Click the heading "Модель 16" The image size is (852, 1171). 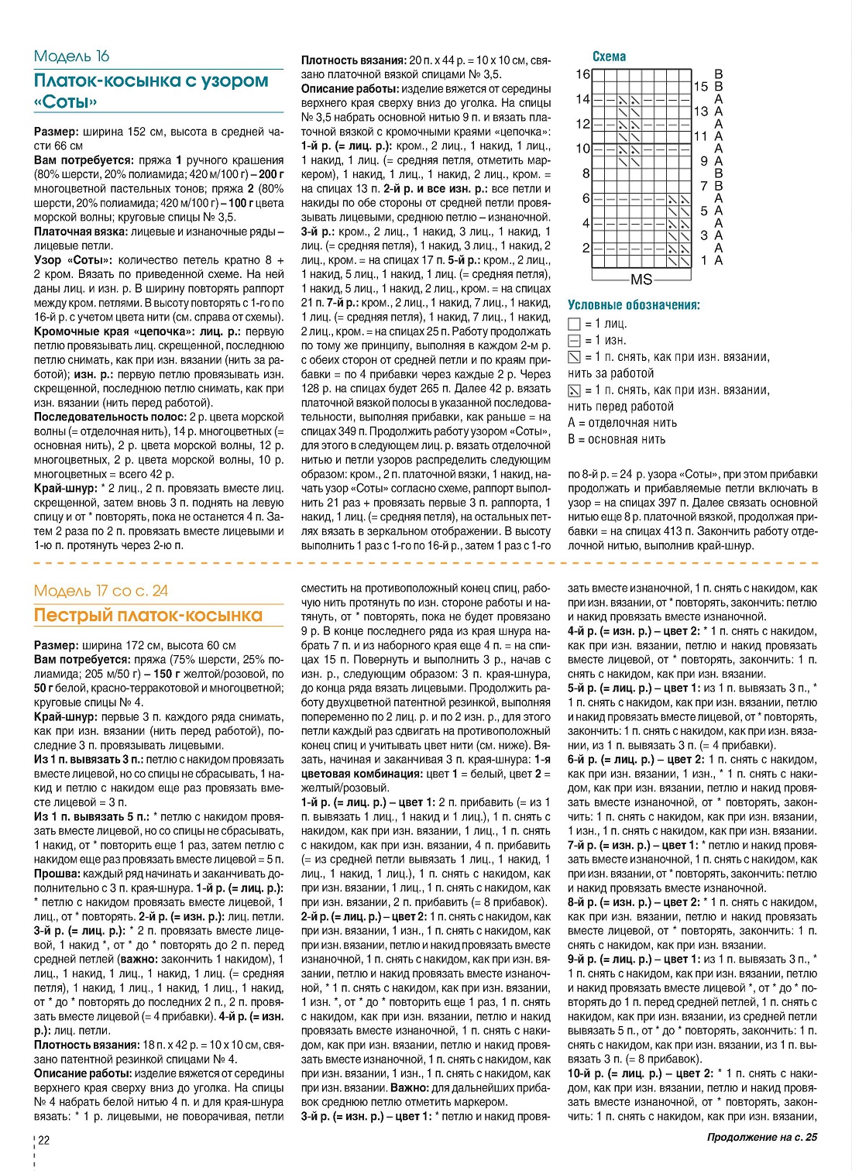[71, 56]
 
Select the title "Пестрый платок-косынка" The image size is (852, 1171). [148, 616]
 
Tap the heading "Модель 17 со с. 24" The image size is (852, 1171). [101, 591]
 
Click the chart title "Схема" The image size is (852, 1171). [609, 57]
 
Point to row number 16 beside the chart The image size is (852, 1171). [582, 74]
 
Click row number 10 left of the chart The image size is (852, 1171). [582, 149]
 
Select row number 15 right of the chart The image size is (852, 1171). [701, 87]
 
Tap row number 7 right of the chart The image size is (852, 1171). [704, 186]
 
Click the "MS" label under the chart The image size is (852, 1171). [641, 280]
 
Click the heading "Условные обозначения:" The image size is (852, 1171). [634, 305]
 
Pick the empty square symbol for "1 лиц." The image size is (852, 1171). [574, 324]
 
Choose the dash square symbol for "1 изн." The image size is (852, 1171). [574, 341]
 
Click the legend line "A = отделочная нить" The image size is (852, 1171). [622, 423]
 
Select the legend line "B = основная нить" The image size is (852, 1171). [616, 439]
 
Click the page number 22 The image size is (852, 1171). [44, 1140]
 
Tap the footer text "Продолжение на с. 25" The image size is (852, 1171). [761, 1138]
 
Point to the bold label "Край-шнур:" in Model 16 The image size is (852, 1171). [66, 489]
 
